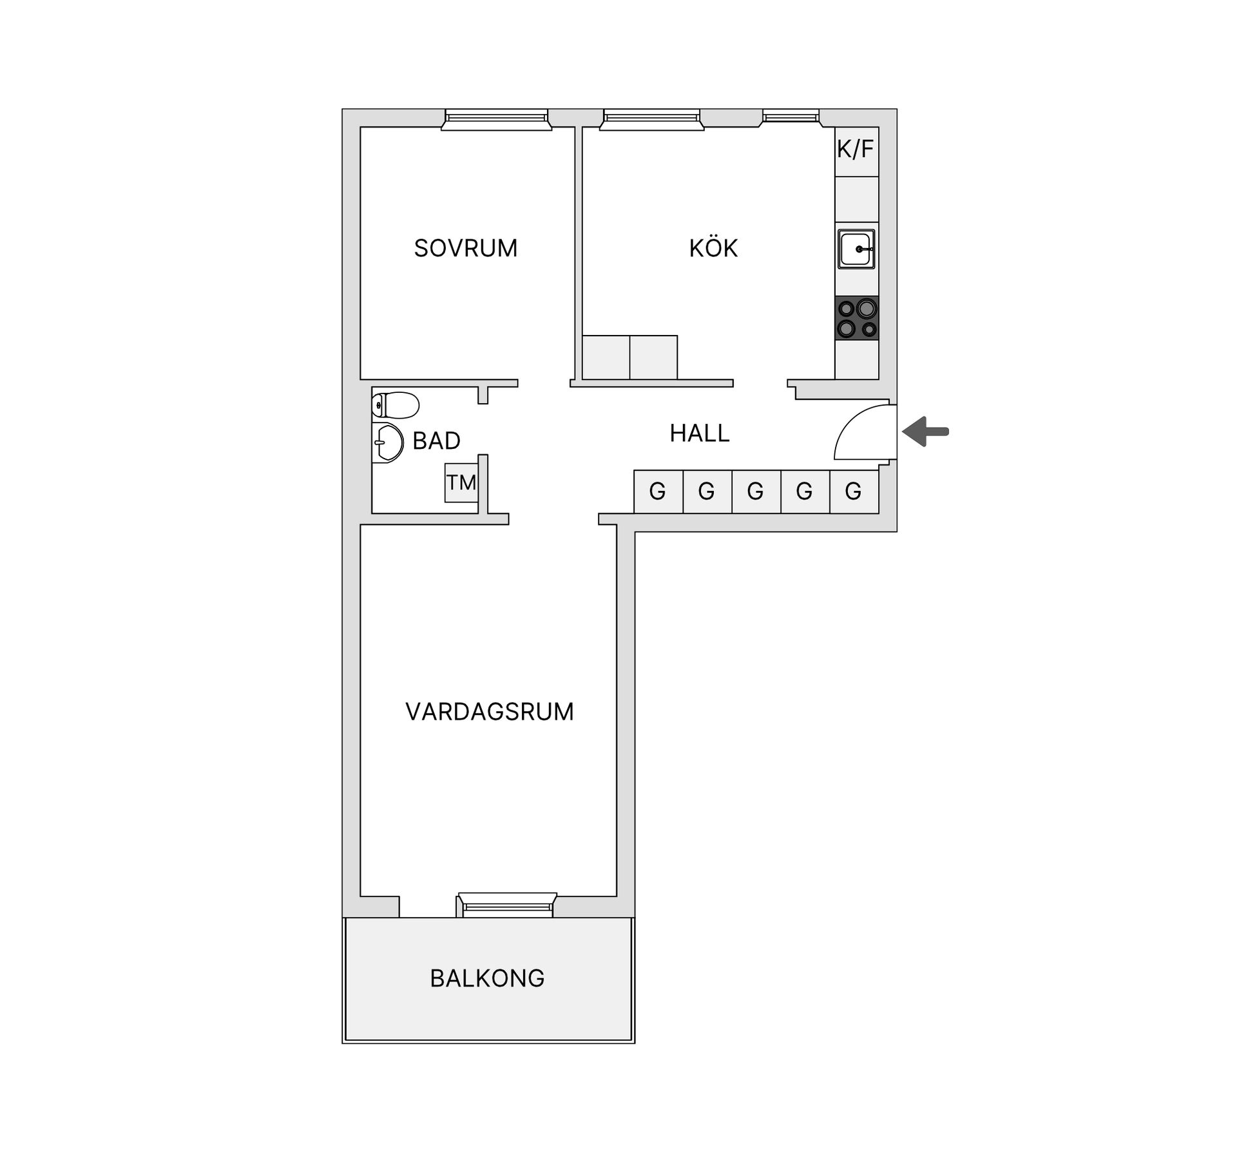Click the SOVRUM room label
pyautogui.click(x=465, y=248)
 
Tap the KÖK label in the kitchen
pyautogui.click(x=713, y=248)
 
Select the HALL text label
pyautogui.click(x=699, y=433)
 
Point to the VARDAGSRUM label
pyautogui.click(x=489, y=712)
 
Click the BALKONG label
pyautogui.click(x=487, y=978)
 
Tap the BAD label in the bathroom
pyautogui.click(x=436, y=441)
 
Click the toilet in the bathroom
pyautogui.click(x=396, y=405)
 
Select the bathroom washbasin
pyautogui.click(x=388, y=443)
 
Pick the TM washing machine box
pyautogui.click(x=461, y=483)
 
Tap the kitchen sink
pyautogui.click(x=856, y=249)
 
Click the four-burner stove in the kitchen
pyautogui.click(x=856, y=318)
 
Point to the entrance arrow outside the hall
pyautogui.click(x=925, y=432)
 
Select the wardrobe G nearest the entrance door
pyautogui.click(x=854, y=492)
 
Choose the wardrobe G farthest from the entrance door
pyautogui.click(x=658, y=492)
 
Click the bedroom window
pyautogui.click(x=496, y=119)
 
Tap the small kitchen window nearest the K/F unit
pyautogui.click(x=791, y=117)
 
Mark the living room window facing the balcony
pyautogui.click(x=507, y=904)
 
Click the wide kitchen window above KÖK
pyautogui.click(x=651, y=119)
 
